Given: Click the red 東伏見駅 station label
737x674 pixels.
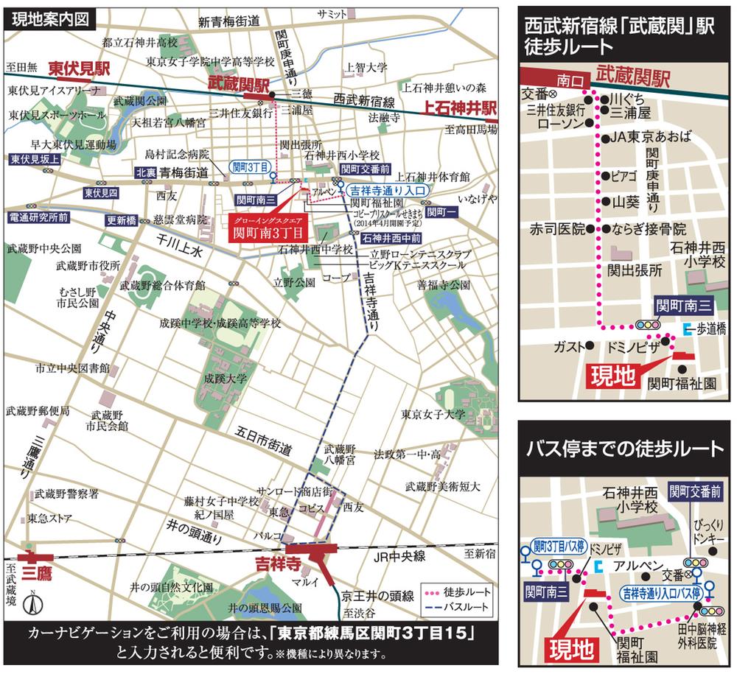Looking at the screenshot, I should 79,69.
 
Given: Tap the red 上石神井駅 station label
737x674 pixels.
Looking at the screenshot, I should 459,108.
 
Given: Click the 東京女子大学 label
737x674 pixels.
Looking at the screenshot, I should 433,414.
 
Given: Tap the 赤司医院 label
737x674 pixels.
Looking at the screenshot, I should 557,228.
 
